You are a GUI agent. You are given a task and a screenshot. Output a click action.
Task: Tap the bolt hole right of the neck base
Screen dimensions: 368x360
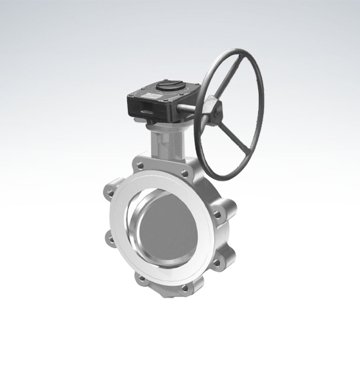click(x=185, y=173)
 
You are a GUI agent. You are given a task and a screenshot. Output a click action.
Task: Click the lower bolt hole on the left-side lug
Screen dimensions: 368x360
click(x=110, y=241)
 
